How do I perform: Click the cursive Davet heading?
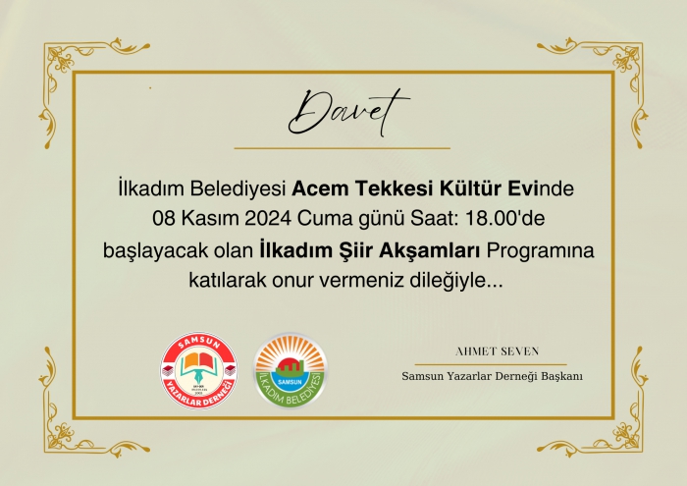tap(348, 113)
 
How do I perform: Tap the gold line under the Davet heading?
tap(343, 148)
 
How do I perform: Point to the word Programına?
tap(540, 251)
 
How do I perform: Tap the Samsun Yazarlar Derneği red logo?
tap(198, 371)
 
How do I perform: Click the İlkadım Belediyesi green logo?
tap(291, 371)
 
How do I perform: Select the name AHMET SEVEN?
tap(497, 351)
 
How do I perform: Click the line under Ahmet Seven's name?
tap(491, 364)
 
